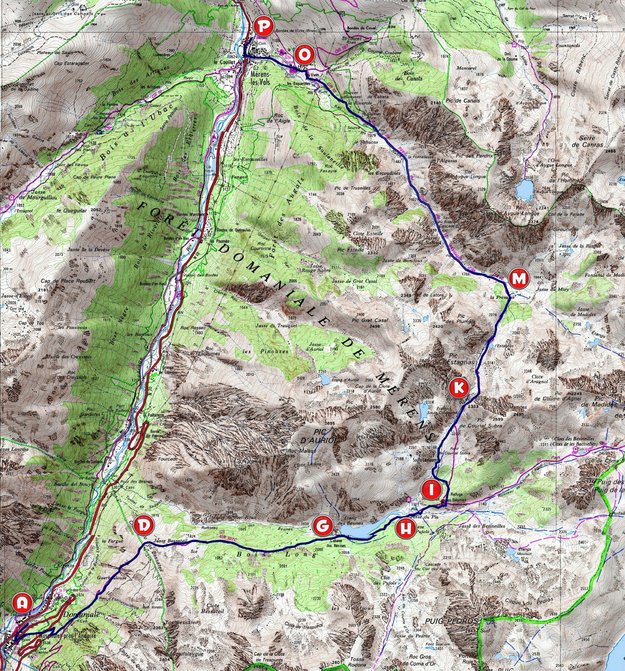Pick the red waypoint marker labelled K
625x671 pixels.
(x=459, y=387)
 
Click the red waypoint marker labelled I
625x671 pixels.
(x=431, y=490)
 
